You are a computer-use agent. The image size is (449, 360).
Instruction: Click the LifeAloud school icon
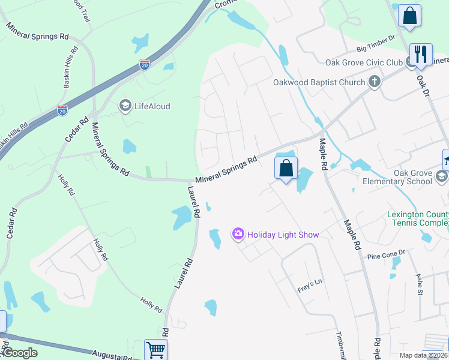[x=125, y=106]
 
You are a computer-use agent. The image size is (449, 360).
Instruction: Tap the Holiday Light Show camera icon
[x=238, y=235]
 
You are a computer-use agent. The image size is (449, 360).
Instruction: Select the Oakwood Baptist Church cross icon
[x=375, y=82]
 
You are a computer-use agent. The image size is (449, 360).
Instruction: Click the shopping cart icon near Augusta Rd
[x=155, y=349]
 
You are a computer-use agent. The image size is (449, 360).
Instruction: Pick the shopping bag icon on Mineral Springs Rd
[x=286, y=167]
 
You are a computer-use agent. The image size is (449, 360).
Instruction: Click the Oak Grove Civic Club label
[x=364, y=62]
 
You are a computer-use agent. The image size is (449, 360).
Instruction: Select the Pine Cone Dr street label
[x=387, y=254]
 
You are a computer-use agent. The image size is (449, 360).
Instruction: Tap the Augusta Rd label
[x=111, y=356]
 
